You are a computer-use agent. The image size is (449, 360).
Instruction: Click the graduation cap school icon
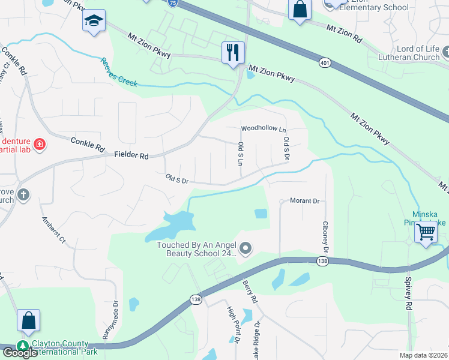(x=94, y=21)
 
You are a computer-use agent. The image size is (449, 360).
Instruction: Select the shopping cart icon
(x=426, y=230)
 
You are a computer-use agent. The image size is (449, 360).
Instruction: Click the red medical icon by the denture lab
(x=40, y=144)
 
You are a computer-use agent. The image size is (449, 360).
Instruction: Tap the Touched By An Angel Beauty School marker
(x=245, y=248)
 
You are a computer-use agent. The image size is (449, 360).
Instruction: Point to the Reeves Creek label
(x=119, y=72)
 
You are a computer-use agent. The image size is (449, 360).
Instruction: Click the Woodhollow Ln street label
(x=264, y=129)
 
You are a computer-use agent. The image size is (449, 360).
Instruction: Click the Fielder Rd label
(x=131, y=155)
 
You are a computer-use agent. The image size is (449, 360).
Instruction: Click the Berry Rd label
(x=250, y=290)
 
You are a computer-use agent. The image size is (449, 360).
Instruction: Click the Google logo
(x=20, y=353)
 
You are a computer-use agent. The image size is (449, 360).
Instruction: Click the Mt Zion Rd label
(x=345, y=34)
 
